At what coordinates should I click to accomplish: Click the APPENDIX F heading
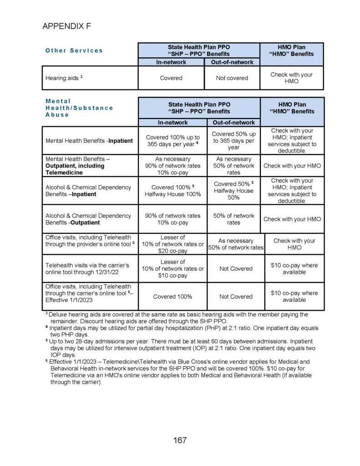pyautogui.click(x=67, y=26)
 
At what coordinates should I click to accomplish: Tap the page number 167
pyautogui.click(x=180, y=440)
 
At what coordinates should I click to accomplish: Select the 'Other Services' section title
pyautogui.click(x=74, y=51)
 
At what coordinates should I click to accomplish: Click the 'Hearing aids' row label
pyautogui.click(x=64, y=78)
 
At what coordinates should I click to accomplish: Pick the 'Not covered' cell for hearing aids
pyautogui.click(x=232, y=78)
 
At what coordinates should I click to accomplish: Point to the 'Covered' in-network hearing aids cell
pyautogui.click(x=171, y=78)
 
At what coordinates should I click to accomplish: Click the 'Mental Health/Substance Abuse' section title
pyautogui.click(x=79, y=108)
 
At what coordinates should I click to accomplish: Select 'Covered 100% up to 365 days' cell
pyautogui.click(x=172, y=141)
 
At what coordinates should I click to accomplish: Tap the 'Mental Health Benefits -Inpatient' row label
pyautogui.click(x=89, y=141)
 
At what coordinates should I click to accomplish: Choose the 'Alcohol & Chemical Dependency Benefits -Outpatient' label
pyautogui.click(x=88, y=219)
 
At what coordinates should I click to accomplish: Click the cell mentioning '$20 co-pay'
pyautogui.click(x=172, y=244)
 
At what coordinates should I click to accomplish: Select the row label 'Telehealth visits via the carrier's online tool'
pyautogui.click(x=87, y=268)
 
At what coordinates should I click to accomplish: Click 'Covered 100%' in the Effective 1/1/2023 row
pyautogui.click(x=172, y=297)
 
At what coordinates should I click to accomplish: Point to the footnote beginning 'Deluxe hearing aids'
pyautogui.click(x=177, y=318)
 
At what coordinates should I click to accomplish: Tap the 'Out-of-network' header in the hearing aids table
pyautogui.click(x=232, y=62)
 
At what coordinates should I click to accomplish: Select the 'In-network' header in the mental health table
pyautogui.click(x=172, y=122)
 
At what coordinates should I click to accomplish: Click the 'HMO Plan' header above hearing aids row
pyautogui.click(x=291, y=51)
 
